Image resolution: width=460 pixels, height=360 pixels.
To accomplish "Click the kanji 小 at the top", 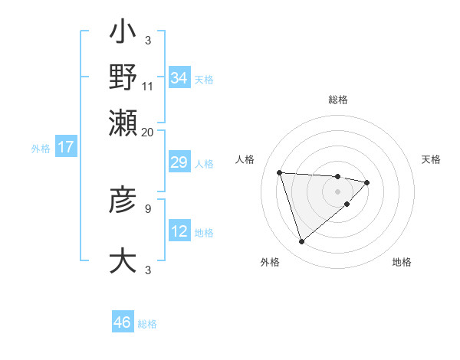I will coord(123,34).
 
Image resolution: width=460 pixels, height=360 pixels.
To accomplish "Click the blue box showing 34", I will coord(179,78).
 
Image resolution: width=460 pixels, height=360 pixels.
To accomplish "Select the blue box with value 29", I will coord(179,163).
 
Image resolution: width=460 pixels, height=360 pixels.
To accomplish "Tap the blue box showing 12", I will coord(179,231).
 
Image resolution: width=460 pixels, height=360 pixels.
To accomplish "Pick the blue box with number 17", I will coord(66,148).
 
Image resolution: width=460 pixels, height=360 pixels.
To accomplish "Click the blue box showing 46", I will coord(123,322).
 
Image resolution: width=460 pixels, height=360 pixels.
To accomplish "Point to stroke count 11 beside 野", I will coord(148,86).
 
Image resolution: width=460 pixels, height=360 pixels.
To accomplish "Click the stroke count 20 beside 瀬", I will coord(148,132).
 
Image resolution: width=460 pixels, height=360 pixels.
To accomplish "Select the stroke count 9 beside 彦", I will coord(148,208).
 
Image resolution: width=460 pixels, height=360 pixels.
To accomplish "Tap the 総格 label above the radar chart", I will coord(338,100).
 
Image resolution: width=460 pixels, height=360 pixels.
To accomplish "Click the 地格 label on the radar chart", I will coord(402,263).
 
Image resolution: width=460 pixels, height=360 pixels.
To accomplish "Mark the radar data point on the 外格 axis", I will coord(301,242).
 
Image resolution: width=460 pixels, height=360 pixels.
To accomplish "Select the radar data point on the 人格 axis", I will coord(280,172).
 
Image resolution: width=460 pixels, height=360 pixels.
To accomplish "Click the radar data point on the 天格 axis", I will coord(367,182).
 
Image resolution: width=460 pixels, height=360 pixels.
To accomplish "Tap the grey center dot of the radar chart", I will coord(338,191).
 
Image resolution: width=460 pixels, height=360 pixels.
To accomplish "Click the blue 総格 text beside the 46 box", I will coord(147,324).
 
